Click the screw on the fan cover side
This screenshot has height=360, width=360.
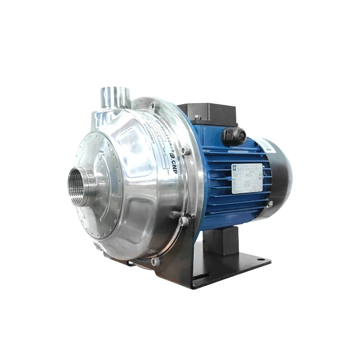pos(270,205)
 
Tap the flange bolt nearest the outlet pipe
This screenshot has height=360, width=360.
pos(154,106)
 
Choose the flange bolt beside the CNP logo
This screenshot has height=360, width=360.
pos(184,151)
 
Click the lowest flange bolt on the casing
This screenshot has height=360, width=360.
pos(155,261)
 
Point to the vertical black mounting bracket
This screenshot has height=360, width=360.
pos(180,261)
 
